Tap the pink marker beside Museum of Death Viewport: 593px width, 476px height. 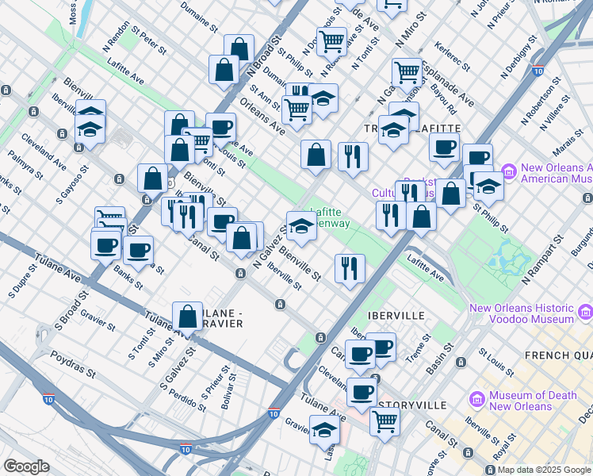(475, 396)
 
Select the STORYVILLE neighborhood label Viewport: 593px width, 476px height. (411, 405)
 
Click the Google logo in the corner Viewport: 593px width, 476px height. (27, 466)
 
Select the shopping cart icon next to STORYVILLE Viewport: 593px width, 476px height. (384, 421)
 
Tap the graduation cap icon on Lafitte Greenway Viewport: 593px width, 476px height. (300, 226)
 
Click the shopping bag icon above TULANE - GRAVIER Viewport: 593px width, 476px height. (187, 316)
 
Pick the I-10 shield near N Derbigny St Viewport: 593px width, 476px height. (538, 71)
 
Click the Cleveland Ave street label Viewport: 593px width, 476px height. (44, 154)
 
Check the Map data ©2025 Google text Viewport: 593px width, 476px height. (543, 470)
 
